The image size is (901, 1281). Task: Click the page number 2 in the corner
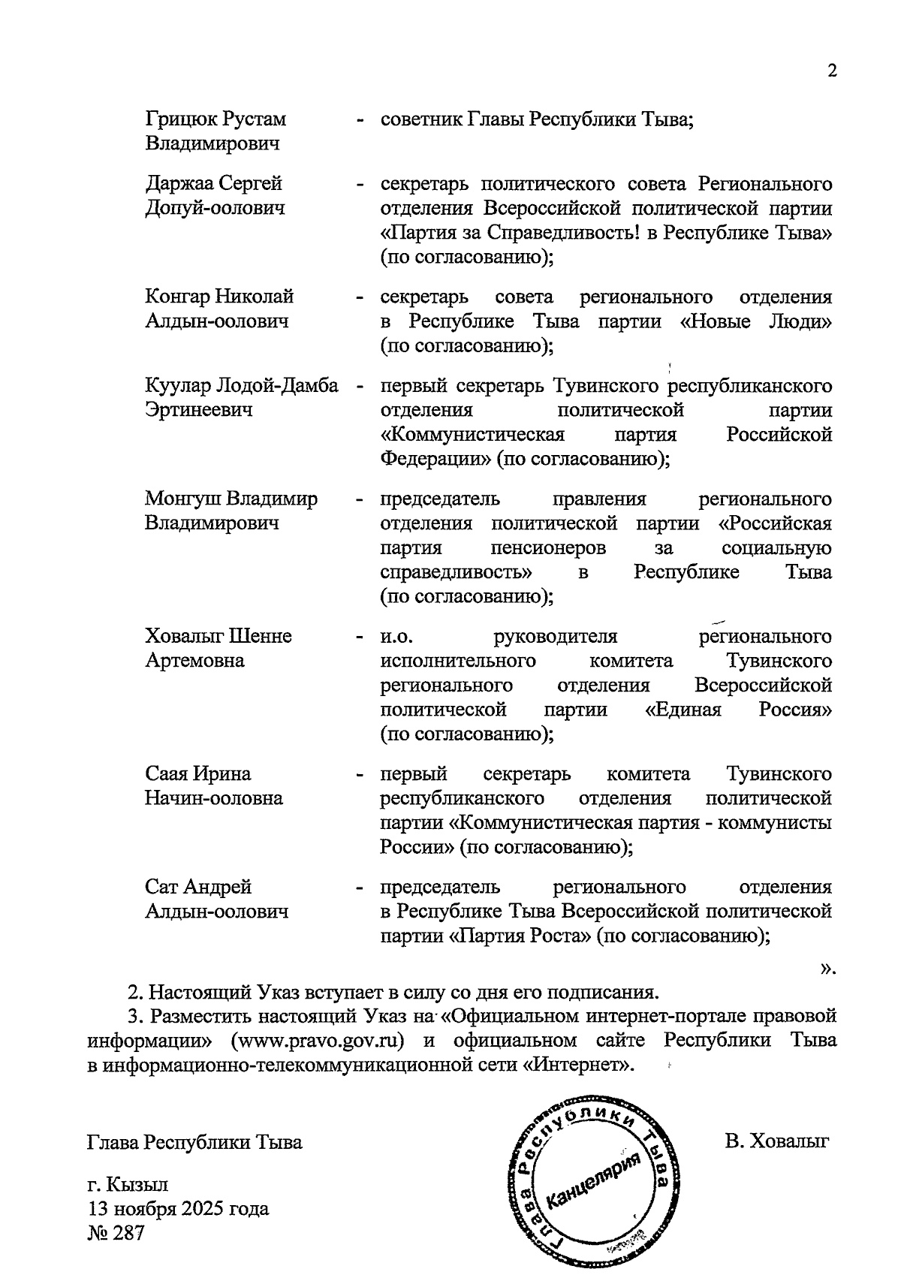[x=831, y=71]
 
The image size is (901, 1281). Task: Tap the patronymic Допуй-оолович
[x=215, y=208]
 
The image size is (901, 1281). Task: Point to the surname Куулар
[x=177, y=386]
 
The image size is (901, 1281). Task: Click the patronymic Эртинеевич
[x=198, y=410]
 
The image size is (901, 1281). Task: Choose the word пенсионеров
[x=548, y=548]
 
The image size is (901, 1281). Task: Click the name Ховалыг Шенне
[x=218, y=636]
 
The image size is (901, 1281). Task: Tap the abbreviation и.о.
[x=397, y=637]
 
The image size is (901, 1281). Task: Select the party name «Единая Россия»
[x=739, y=710]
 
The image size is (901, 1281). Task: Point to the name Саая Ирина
[x=198, y=773]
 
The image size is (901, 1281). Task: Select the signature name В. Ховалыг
[x=776, y=1142]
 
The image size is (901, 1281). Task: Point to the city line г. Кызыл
[x=128, y=1185]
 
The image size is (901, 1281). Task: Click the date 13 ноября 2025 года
[x=178, y=1209]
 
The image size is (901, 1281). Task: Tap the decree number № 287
[x=115, y=1233]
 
